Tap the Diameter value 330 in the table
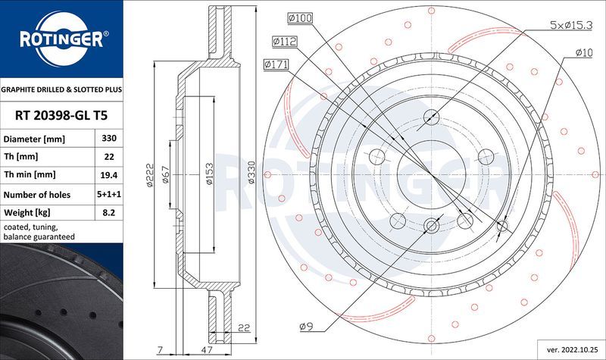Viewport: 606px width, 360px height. pos(108,139)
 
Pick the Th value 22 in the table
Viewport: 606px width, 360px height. pos(108,157)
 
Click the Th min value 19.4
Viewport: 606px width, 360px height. pos(108,174)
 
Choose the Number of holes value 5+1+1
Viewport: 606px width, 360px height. pos(108,194)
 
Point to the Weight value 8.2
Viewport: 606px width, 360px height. pos(108,214)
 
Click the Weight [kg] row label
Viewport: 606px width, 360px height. pos(27,214)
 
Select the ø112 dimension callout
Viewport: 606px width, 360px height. pos(286,41)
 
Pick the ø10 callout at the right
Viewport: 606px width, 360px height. pos(583,52)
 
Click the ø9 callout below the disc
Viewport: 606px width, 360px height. pos(306,326)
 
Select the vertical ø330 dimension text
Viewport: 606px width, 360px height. pos(251,174)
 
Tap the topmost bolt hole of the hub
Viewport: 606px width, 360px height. pos(431,117)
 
